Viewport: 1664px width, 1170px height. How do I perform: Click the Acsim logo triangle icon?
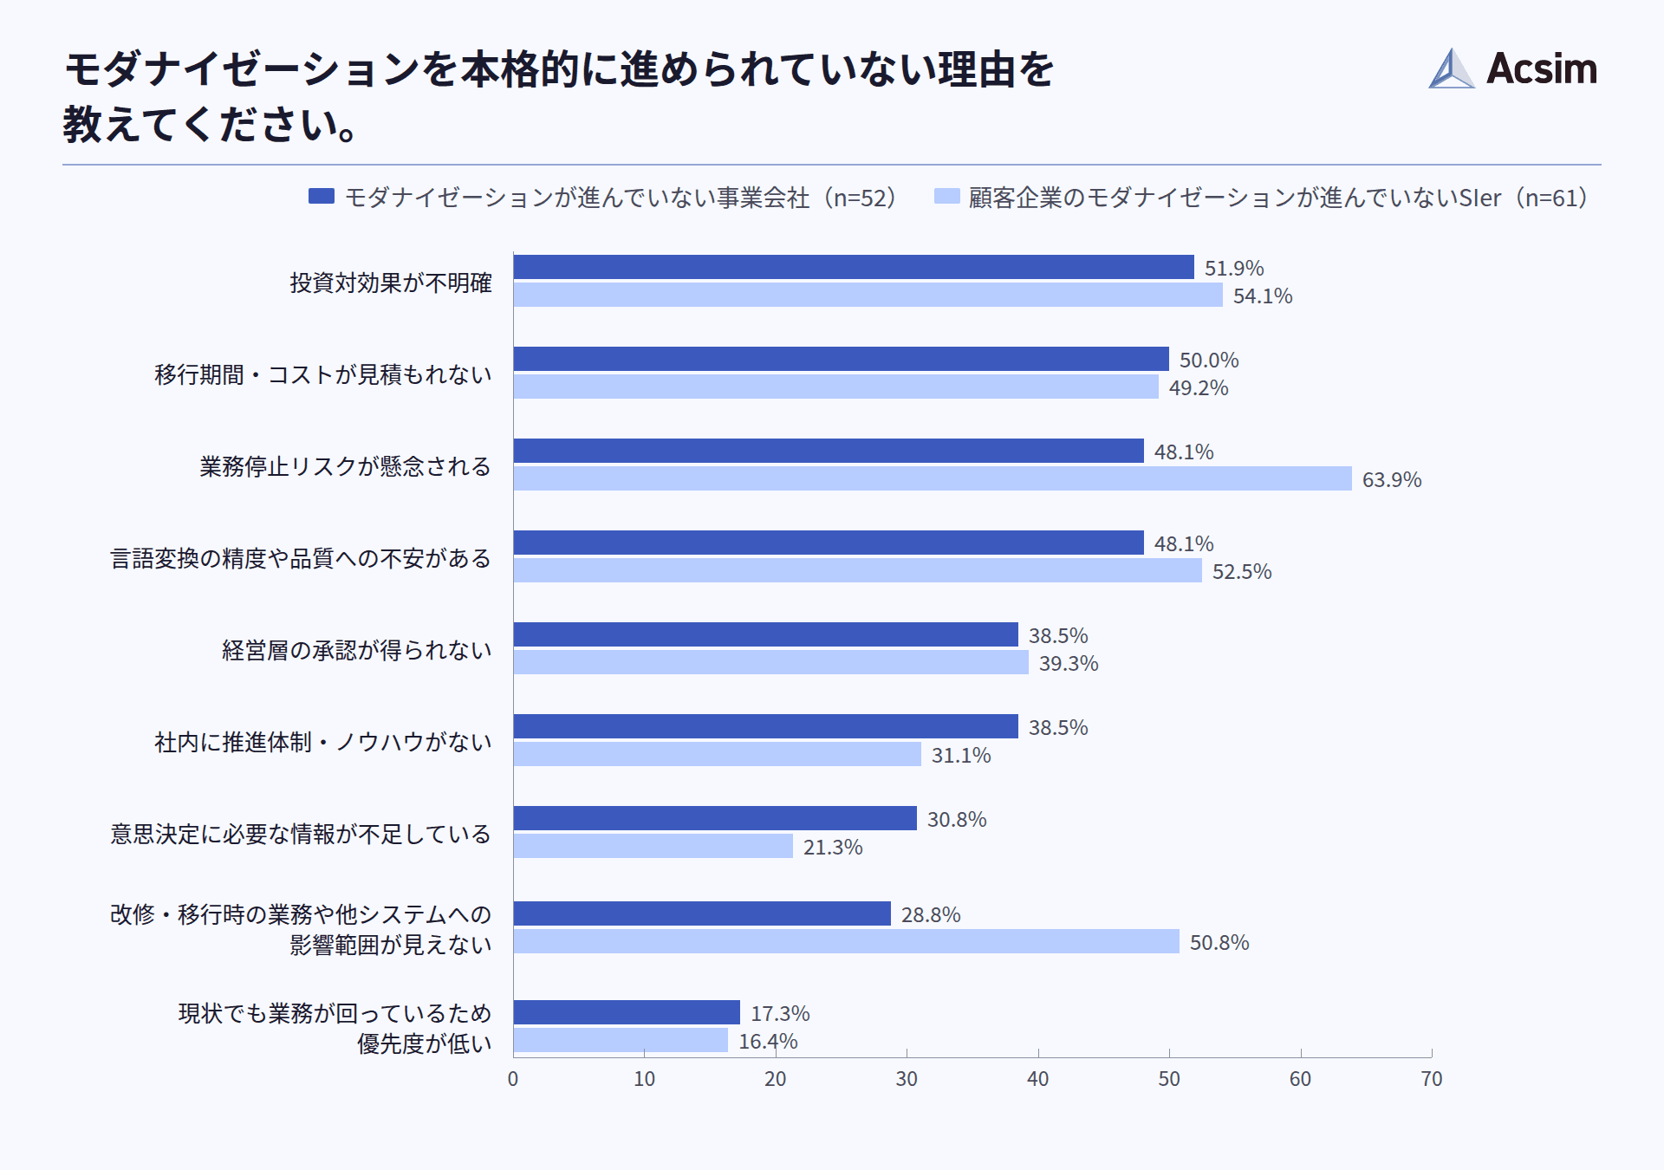[1451, 69]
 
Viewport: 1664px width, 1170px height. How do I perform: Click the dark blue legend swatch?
[321, 197]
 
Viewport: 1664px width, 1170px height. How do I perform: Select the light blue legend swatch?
[946, 197]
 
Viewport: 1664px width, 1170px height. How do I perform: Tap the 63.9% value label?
[1391, 479]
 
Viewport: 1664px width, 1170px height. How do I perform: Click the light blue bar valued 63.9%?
[932, 478]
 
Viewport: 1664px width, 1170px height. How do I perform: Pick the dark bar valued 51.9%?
[853, 267]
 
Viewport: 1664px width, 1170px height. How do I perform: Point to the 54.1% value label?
[1262, 296]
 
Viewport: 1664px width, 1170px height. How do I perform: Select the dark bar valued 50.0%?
[841, 359]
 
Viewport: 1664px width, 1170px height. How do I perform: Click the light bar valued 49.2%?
[835, 387]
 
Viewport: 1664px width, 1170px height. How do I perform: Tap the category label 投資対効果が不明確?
[391, 283]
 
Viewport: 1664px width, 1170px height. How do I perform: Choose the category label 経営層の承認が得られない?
[356, 650]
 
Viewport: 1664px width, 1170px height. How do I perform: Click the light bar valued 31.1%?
[717, 754]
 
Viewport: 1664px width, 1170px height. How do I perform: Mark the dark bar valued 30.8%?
[715, 818]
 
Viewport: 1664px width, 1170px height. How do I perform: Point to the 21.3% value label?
[832, 847]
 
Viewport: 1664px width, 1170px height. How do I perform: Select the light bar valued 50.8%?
[846, 941]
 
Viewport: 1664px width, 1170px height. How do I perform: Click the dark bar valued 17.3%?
[627, 1012]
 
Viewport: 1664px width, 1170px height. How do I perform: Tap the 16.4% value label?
[767, 1041]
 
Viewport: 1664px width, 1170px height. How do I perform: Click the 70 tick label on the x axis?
[1431, 1079]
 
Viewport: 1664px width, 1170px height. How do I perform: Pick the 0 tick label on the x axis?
[513, 1079]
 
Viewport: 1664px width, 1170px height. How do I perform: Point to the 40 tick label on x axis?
[1037, 1079]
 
